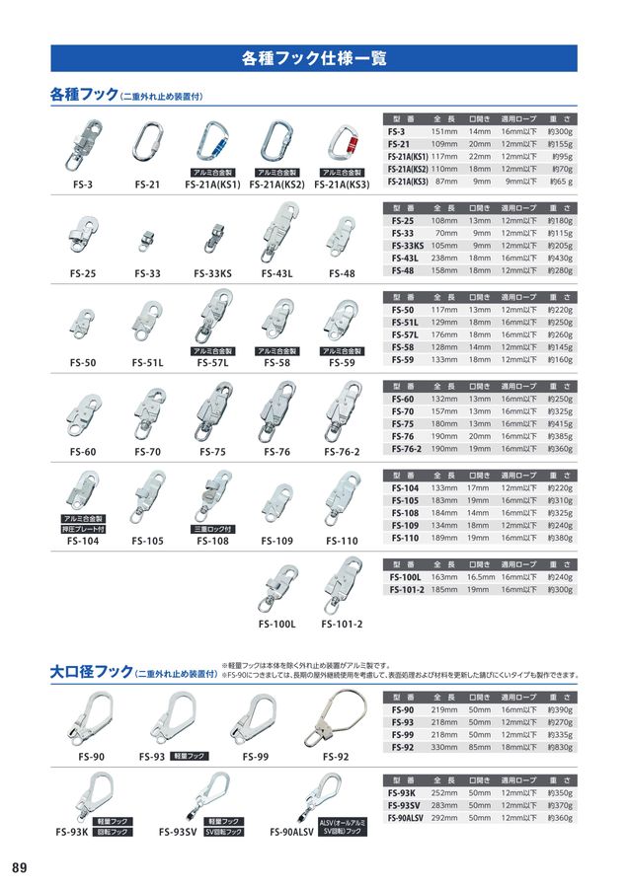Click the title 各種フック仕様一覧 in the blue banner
[313, 58]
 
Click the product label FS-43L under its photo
[276, 273]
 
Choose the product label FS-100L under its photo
[277, 624]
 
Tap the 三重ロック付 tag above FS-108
[212, 529]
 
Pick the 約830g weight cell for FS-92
[560, 748]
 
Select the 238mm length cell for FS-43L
[443, 258]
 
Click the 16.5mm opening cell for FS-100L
[480, 576]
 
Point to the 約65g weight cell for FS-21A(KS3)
[560, 182]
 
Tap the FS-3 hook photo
[83, 145]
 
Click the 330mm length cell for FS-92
[443, 748]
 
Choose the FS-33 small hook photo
[148, 237]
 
